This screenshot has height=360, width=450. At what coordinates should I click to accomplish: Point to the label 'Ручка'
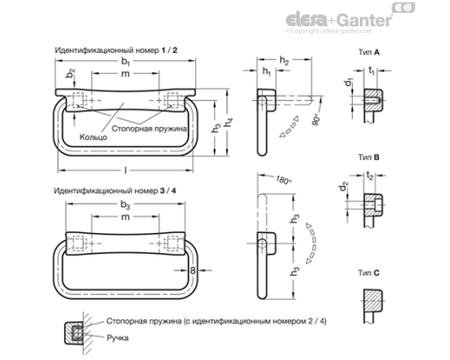pyautogui.click(x=117, y=336)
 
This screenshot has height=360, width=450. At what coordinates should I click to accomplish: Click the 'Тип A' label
pyautogui.click(x=369, y=54)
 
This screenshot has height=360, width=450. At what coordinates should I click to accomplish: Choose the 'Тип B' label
pyautogui.click(x=369, y=156)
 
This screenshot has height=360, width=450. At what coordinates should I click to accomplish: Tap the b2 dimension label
pyautogui.click(x=70, y=72)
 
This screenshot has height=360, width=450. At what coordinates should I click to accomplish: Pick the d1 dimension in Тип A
pyautogui.click(x=348, y=84)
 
